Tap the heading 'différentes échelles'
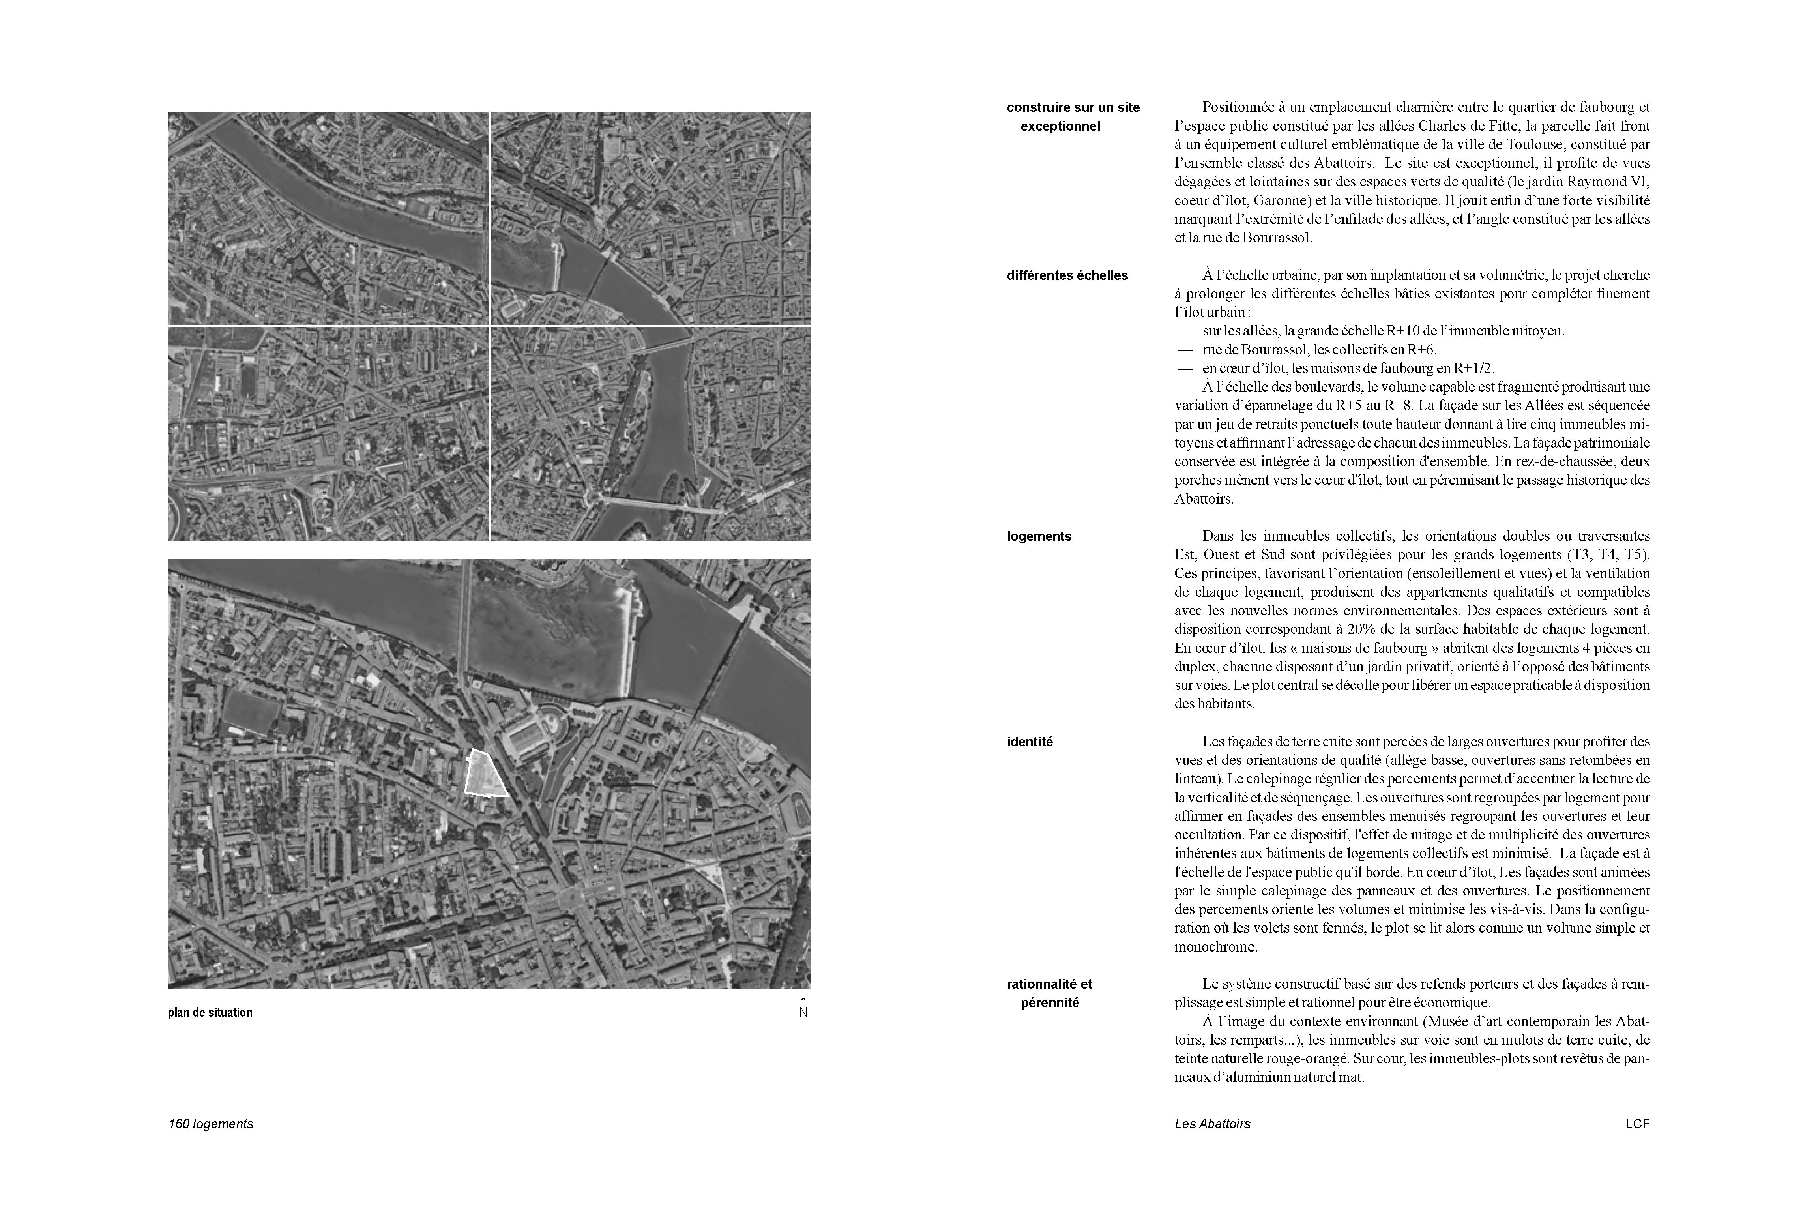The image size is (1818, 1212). pos(1067,275)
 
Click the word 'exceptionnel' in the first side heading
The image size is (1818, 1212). pos(1060,126)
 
